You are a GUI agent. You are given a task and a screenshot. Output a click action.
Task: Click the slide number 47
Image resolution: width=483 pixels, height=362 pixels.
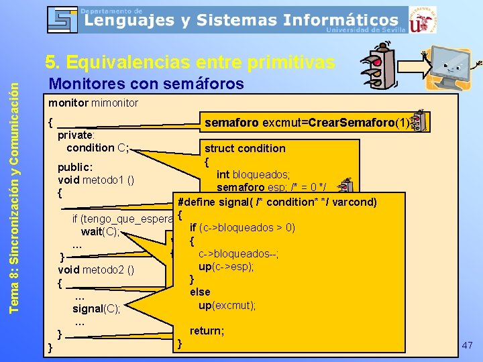468,345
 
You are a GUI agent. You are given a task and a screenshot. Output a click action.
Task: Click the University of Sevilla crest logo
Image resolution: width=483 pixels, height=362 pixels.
422,21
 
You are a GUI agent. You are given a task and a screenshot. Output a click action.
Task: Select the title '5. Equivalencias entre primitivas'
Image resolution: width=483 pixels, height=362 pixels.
190,62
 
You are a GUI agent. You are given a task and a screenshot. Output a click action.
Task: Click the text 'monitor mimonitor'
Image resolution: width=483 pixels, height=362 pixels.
93,103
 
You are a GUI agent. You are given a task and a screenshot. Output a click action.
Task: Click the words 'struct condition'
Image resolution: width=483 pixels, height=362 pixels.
245,148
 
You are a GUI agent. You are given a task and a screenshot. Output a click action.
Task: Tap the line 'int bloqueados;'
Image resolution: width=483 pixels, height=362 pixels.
253,175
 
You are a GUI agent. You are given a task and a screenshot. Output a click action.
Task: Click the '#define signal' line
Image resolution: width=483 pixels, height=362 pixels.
276,202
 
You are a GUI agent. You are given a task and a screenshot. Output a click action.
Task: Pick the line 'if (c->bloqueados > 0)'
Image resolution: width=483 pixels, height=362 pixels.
243,227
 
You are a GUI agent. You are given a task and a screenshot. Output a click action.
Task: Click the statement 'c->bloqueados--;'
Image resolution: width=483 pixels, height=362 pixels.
238,253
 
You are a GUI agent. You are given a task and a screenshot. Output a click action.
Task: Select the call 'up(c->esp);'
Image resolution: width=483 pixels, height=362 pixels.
227,266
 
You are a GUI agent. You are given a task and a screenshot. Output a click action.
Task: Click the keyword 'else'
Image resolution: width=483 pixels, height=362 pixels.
200,292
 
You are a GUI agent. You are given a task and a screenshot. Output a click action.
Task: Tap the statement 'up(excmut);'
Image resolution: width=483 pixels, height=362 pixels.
227,305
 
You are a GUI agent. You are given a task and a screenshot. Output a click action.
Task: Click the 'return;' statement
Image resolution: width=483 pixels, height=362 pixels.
207,330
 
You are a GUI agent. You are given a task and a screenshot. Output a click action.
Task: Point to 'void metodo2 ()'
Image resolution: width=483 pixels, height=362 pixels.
97,270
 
